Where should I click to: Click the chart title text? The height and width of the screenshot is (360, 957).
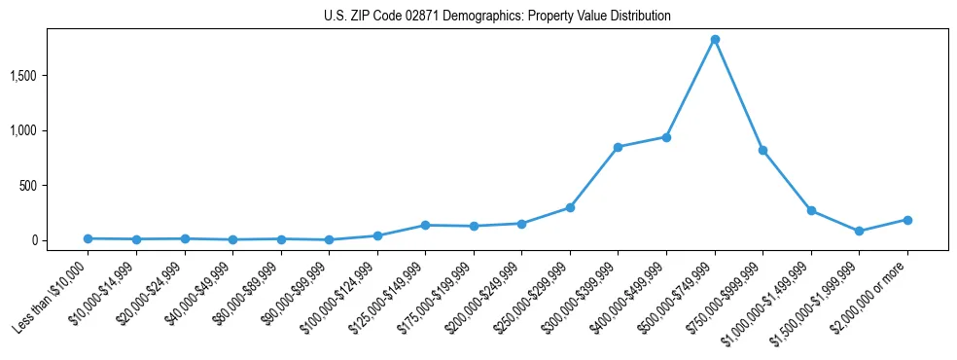pyautogui.click(x=497, y=17)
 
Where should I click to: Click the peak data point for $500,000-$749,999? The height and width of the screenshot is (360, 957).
pyautogui.click(x=715, y=40)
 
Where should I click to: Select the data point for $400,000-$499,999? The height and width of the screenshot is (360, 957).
pyautogui.click(x=666, y=137)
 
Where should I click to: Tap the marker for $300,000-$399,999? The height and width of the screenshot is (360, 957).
pyautogui.click(x=618, y=147)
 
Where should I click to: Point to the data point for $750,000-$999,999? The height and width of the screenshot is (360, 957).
pyautogui.click(x=762, y=150)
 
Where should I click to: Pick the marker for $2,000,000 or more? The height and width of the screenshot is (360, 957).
pyautogui.click(x=907, y=220)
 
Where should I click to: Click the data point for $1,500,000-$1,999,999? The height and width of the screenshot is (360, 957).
pyautogui.click(x=859, y=231)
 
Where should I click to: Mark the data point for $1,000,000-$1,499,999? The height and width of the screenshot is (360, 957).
pyautogui.click(x=811, y=210)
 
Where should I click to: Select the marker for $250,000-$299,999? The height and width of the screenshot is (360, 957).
pyautogui.click(x=570, y=207)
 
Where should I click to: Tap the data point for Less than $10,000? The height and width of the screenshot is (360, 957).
pyautogui.click(x=88, y=238)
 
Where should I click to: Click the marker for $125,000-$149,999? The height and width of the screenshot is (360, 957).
pyautogui.click(x=425, y=225)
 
